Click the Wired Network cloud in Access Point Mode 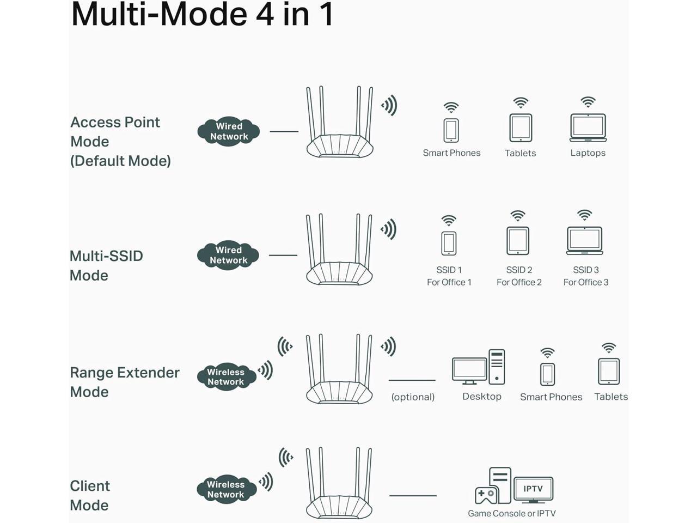(x=229, y=131)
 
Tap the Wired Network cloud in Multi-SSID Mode (x=228, y=255)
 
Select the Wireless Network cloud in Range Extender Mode (x=226, y=377)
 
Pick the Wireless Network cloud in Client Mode (x=226, y=489)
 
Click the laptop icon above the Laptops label (x=588, y=127)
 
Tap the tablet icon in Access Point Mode (x=521, y=127)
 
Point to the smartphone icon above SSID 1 (x=449, y=243)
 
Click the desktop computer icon (x=479, y=368)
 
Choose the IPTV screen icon (x=533, y=489)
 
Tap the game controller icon (x=486, y=494)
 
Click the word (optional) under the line (x=413, y=397)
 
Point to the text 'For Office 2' (x=519, y=282)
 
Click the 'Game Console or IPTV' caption (x=512, y=513)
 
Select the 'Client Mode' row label (x=90, y=495)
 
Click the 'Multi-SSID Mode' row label (x=106, y=265)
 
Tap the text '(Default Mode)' (x=120, y=161)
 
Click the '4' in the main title (x=265, y=14)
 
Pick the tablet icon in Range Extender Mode (x=609, y=372)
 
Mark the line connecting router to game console (x=413, y=495)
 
